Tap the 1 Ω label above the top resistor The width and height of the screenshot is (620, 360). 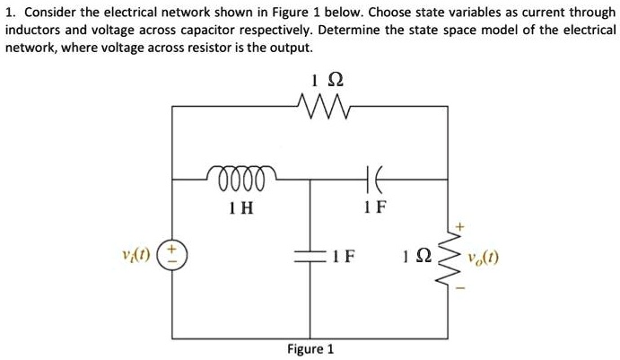[320, 80]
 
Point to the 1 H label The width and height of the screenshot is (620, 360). [240, 206]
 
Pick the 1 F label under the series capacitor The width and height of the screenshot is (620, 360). [376, 206]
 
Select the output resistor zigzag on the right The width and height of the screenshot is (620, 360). [451, 259]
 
